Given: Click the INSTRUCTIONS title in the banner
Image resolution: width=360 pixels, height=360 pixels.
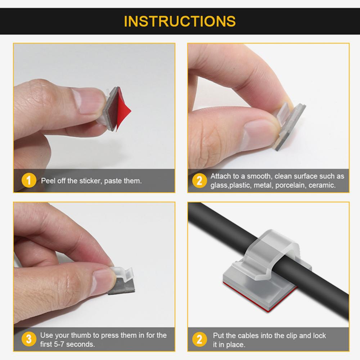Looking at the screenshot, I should coord(180,21).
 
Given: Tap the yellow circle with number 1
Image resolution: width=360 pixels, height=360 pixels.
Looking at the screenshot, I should coord(29,180).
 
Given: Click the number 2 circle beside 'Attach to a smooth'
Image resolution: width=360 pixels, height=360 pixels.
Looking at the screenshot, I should coord(199,180).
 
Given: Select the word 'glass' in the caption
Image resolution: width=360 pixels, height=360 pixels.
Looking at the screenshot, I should coord(219,185).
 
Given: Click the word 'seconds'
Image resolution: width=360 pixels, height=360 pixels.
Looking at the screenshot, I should coord(83,344).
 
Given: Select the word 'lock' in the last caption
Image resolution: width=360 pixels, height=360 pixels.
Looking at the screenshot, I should coord(319,336).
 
